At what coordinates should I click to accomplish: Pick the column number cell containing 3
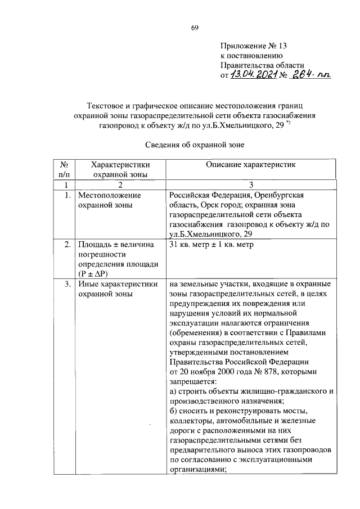(251, 184)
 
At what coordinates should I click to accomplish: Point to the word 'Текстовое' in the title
(105, 105)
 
